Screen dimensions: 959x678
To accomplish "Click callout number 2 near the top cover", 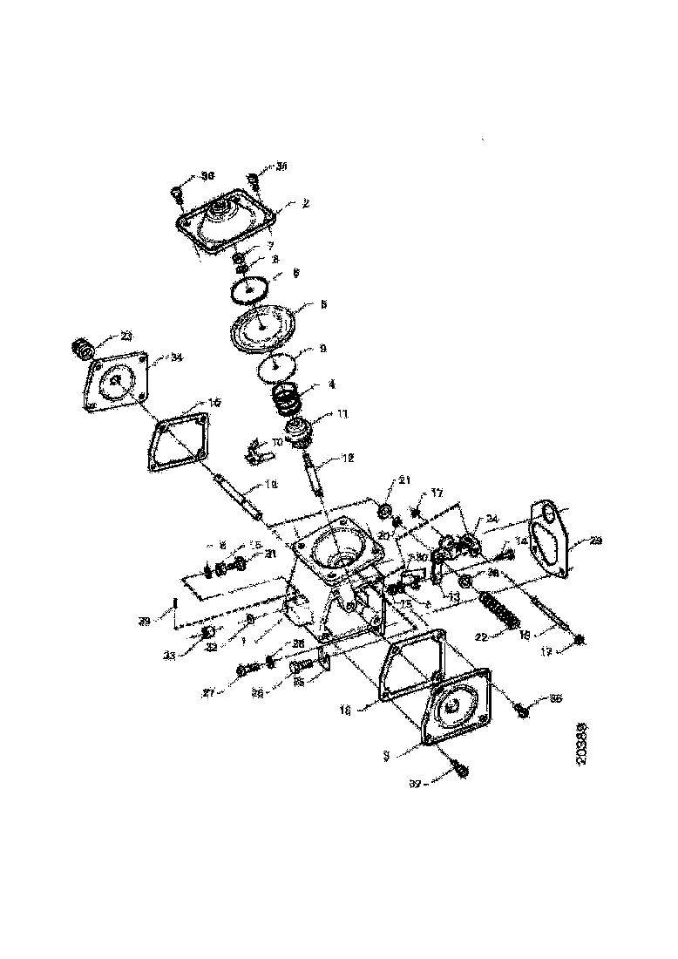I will pos(306,203).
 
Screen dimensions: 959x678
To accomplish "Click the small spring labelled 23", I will pos(80,350).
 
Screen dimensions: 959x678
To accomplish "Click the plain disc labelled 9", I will pos(279,365).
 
